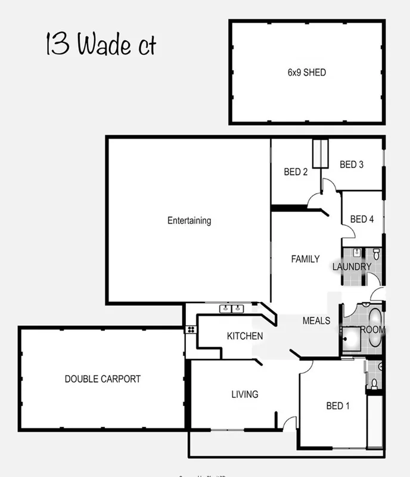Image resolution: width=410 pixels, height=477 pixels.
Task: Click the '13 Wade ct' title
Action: (x=101, y=45)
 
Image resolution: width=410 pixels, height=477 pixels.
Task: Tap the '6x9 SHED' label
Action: (x=306, y=73)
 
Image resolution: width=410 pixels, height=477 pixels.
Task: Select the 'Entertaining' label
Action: (x=189, y=220)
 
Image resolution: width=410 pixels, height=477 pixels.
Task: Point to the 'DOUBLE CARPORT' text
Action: (x=102, y=379)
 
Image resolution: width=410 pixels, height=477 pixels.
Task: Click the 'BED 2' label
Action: (x=296, y=172)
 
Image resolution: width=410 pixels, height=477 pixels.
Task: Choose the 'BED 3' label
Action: (x=352, y=164)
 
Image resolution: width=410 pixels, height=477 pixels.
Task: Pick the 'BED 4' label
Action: (x=362, y=219)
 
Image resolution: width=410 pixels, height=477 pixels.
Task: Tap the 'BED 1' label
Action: (x=338, y=406)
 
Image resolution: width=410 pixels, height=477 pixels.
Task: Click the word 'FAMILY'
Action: (x=305, y=259)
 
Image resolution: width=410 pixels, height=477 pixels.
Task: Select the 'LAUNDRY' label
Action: (x=352, y=267)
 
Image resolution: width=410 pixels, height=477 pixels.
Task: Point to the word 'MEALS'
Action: (x=316, y=321)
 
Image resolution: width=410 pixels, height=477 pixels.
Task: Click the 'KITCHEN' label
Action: (x=245, y=336)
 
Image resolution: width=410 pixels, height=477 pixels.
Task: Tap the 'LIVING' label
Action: (x=245, y=394)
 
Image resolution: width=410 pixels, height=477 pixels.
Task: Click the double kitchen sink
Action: (x=232, y=308)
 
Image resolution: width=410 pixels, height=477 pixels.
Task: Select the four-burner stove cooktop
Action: (x=190, y=329)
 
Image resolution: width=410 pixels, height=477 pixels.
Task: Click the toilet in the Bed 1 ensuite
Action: (x=374, y=382)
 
